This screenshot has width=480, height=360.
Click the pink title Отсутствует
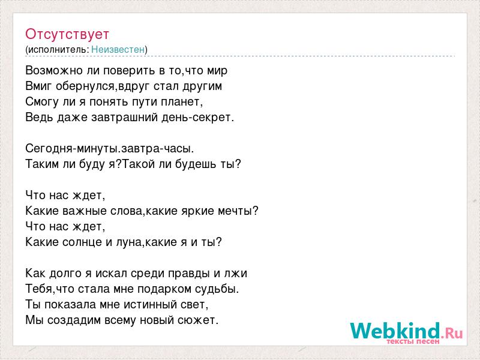point(67,34)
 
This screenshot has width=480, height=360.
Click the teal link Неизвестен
point(118,49)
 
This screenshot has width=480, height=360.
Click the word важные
point(84,211)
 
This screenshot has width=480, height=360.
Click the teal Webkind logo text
point(395,331)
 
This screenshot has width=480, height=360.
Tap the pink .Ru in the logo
point(452,332)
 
